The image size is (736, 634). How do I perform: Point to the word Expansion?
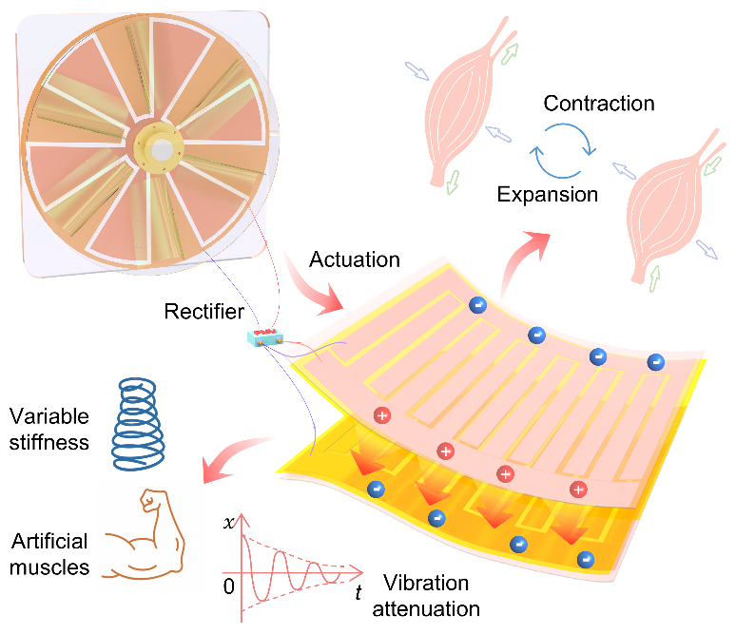pos(549,195)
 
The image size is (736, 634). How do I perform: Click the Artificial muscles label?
pos(50,554)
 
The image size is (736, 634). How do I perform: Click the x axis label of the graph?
pos(229,522)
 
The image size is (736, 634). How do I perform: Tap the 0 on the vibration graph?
pos(228,586)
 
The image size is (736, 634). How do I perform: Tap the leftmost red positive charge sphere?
pos(382,415)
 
